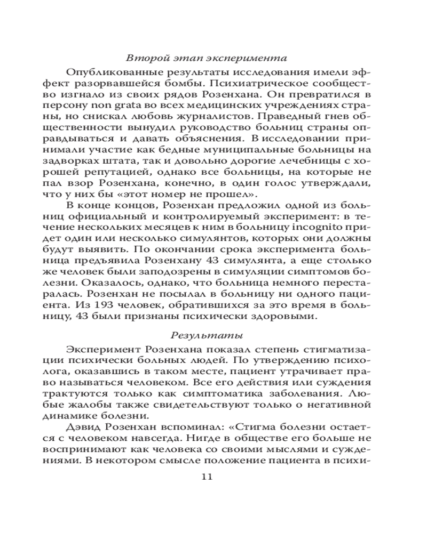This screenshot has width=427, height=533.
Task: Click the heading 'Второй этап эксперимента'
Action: point(205,58)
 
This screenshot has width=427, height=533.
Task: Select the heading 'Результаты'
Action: point(206,335)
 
